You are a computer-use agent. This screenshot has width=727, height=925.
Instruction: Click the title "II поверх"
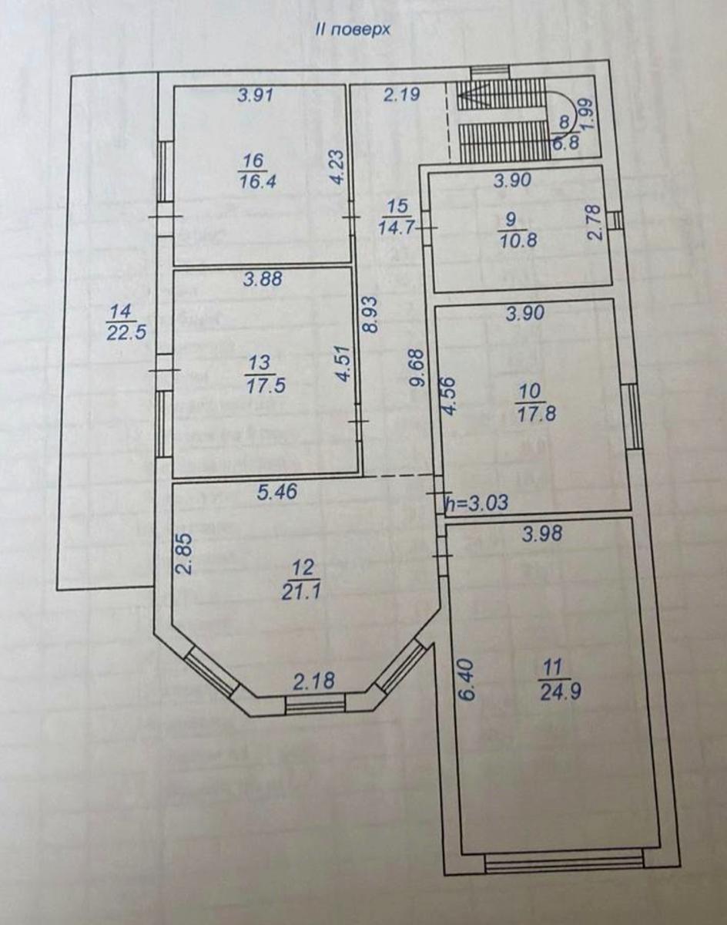click(x=353, y=30)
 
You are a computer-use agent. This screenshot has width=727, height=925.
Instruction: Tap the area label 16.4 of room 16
click(x=257, y=181)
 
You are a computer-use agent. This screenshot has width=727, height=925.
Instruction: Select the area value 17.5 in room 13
click(x=266, y=385)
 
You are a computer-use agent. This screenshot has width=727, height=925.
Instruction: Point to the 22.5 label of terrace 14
click(x=126, y=333)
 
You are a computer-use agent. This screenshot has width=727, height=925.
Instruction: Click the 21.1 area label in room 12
click(x=301, y=592)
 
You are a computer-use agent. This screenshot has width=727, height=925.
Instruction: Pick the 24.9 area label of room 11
click(x=561, y=692)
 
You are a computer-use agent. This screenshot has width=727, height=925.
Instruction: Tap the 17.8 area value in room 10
click(x=537, y=414)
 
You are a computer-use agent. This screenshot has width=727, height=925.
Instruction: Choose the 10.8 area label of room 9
click(x=518, y=240)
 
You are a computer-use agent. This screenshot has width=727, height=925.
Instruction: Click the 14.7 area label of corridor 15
click(x=396, y=227)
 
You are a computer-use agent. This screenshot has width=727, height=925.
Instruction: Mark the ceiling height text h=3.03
click(x=477, y=502)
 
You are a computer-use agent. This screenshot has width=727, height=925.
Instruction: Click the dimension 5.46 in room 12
click(x=277, y=492)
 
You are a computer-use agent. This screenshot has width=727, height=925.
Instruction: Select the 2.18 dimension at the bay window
click(x=313, y=681)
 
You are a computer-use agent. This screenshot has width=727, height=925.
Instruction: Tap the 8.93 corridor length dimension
click(x=371, y=314)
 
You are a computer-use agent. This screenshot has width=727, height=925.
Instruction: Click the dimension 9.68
click(x=417, y=368)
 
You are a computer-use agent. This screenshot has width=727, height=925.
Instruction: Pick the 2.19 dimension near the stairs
click(x=401, y=94)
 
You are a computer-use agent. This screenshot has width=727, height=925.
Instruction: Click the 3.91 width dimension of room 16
click(x=256, y=95)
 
